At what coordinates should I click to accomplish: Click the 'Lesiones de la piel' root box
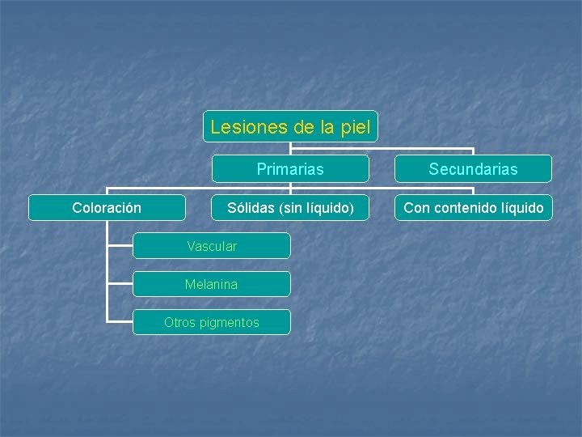coord(290,127)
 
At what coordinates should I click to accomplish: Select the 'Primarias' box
coord(290,169)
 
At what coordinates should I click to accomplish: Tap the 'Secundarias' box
coord(473,169)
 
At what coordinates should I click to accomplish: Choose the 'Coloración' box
coord(107,208)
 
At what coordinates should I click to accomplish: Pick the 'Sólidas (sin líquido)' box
coord(290,208)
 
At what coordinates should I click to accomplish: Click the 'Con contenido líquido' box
coord(473,208)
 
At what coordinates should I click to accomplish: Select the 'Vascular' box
coord(211,246)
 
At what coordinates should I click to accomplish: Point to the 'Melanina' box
coord(211,284)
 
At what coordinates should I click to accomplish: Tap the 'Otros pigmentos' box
coord(211,322)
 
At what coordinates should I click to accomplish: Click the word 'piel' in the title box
coord(356,127)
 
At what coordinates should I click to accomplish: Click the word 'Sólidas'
coord(251,208)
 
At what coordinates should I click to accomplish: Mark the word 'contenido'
coord(464,208)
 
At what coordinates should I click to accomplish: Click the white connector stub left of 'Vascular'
coord(120,246)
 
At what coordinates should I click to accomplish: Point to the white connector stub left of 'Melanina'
coord(120,284)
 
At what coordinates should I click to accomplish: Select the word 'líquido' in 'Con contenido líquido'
coord(522,208)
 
